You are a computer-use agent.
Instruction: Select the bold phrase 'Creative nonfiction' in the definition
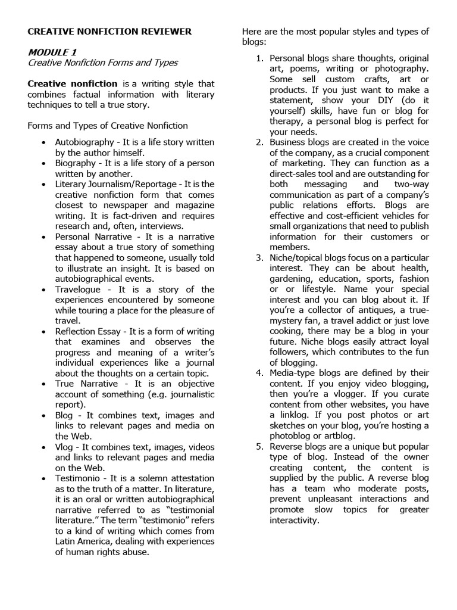pyautogui.click(x=73, y=83)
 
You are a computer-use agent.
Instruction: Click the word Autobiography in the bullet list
pyautogui.click(x=84, y=142)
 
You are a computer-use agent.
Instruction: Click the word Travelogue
pyautogui.click(x=78, y=289)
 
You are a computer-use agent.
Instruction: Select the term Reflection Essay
pyautogui.click(x=89, y=331)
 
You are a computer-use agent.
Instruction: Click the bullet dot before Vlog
pyautogui.click(x=44, y=447)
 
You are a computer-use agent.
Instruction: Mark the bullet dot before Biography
pyautogui.click(x=44, y=164)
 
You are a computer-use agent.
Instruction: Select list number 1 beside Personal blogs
pyautogui.click(x=259, y=58)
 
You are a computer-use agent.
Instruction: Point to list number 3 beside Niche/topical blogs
pyautogui.click(x=259, y=258)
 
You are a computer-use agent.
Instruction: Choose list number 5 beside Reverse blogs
pyautogui.click(x=259, y=447)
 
